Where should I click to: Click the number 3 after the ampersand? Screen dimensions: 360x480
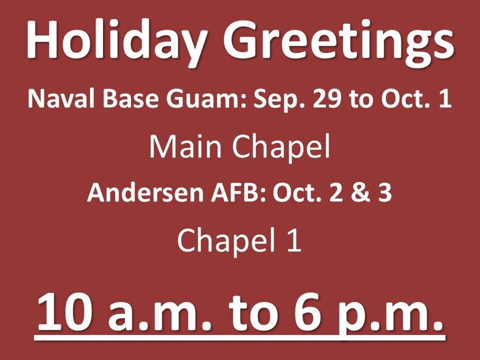pos(384,193)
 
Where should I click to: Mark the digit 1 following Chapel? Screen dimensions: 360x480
pos(295,241)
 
